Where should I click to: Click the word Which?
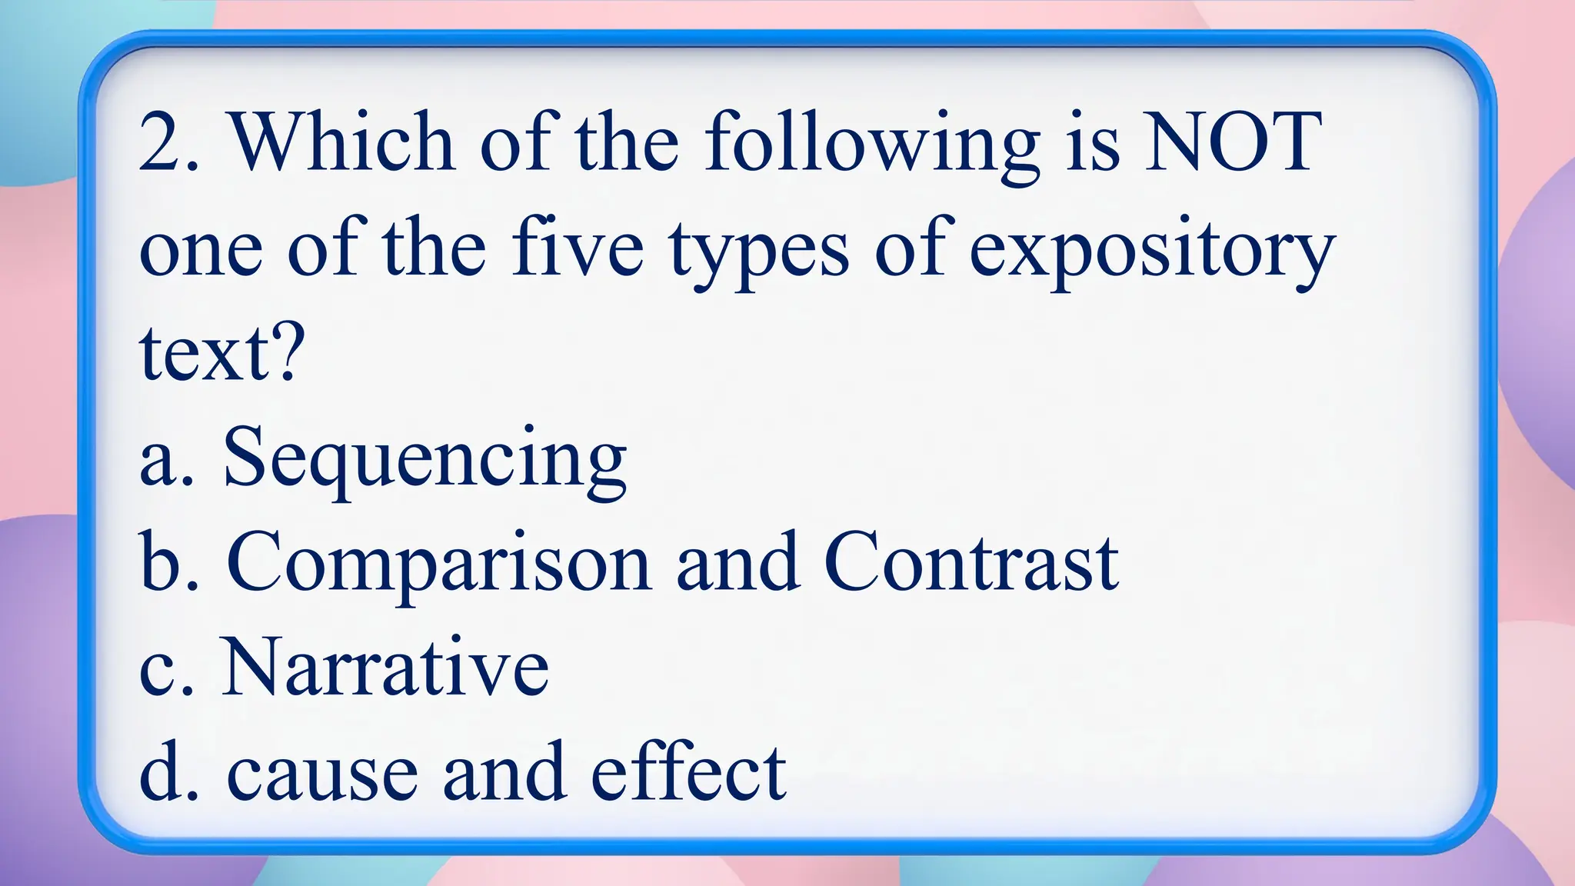[342, 142]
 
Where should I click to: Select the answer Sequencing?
[425, 460]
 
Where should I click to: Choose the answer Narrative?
[385, 668]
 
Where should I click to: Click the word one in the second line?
[201, 254]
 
